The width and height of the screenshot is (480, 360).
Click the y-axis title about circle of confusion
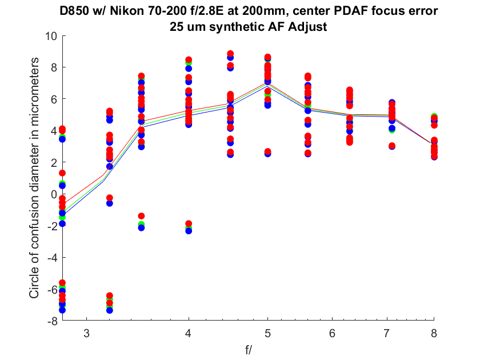(34, 178)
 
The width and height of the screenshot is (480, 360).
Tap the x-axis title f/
(248, 350)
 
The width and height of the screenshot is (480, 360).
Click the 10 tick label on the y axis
(51, 36)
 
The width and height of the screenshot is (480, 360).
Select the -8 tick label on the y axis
(53, 321)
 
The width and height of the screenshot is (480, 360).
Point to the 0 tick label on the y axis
(54, 194)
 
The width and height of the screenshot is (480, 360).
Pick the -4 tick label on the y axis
(53, 258)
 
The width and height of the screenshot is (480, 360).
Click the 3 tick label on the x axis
(87, 333)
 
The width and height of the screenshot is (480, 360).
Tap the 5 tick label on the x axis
(267, 333)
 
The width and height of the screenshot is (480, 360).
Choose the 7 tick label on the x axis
(387, 333)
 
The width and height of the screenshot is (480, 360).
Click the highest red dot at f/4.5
(230, 54)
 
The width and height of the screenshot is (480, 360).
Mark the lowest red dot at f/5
(267, 151)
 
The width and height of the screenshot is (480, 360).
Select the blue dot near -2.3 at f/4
(189, 230)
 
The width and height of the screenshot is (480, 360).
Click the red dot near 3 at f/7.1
(392, 146)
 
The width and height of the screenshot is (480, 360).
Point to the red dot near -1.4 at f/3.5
(141, 216)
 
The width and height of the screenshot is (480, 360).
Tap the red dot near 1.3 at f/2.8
(62, 173)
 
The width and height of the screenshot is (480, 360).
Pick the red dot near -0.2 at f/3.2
(109, 198)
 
